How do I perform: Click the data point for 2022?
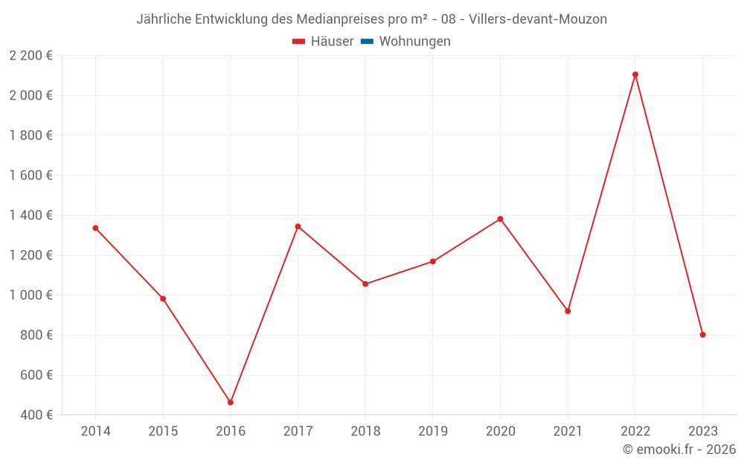pyautogui.click(x=635, y=74)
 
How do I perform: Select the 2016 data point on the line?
pyautogui.click(x=231, y=403)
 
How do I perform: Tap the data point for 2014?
pyautogui.click(x=95, y=228)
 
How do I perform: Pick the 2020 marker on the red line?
pyautogui.click(x=500, y=219)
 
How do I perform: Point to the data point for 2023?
pyautogui.click(x=702, y=335)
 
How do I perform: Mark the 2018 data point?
pyautogui.click(x=365, y=284)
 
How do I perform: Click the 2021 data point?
pyautogui.click(x=568, y=311)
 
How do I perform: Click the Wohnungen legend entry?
pyautogui.click(x=414, y=42)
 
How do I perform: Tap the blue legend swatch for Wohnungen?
pyautogui.click(x=367, y=42)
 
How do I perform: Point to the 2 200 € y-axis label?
pyautogui.click(x=31, y=56)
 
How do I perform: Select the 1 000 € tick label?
pyautogui.click(x=31, y=295)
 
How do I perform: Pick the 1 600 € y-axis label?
pyautogui.click(x=31, y=176)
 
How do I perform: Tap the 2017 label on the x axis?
pyautogui.click(x=298, y=432)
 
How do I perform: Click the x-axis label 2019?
pyautogui.click(x=432, y=432)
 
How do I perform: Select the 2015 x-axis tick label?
pyautogui.click(x=163, y=432)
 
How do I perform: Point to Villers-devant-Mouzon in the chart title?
pyautogui.click(x=538, y=19)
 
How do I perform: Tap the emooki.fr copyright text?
pyautogui.click(x=679, y=449)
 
